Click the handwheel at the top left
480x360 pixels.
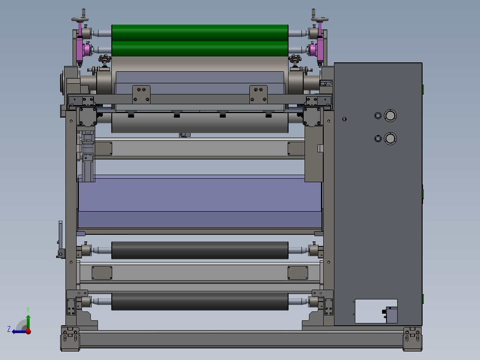pyautogui.click(x=80, y=19)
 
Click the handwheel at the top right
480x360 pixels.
pyautogui.click(x=320, y=19)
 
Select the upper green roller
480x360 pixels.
pyautogui.click(x=199, y=33)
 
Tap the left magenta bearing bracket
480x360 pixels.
pyautogui.click(x=80, y=49)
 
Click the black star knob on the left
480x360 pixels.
pyautogui.click(x=104, y=59)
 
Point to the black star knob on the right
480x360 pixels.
pyautogui.click(x=295, y=59)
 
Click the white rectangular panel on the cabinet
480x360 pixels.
pyautogui.click(x=376, y=311)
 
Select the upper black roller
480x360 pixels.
pyautogui.click(x=199, y=250)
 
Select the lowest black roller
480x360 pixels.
pyautogui.click(x=199, y=301)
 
